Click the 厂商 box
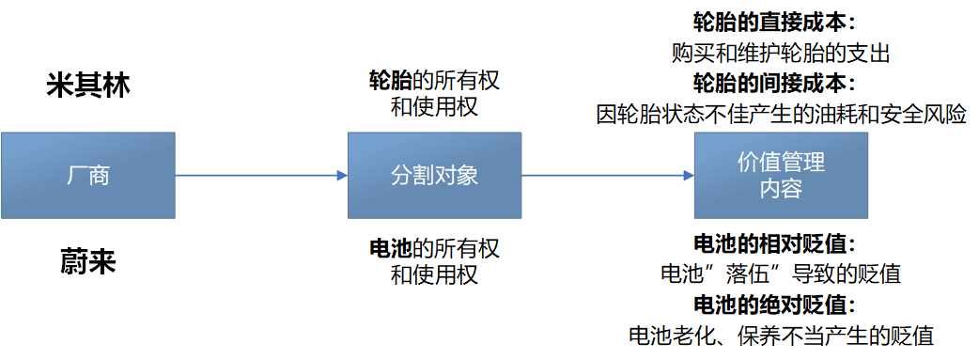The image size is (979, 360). pos(87,175)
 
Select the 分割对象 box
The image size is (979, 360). pos(434,175)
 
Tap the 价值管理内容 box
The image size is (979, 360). pos(781,175)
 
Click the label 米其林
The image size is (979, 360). pos(88,86)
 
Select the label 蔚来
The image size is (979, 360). pos(88,262)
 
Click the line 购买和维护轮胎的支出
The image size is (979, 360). pos(781,53)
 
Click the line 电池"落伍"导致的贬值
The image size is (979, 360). pos(781,274)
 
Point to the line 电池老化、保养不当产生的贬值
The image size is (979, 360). pos(781,335)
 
